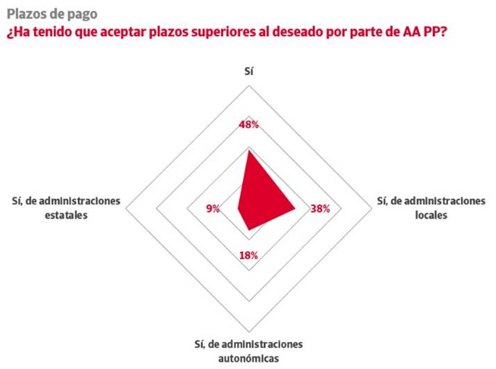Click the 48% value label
point(248,125)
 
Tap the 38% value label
point(320,208)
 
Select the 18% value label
point(248,256)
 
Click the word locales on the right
point(431,215)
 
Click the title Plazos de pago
point(52,13)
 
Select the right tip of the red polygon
point(296,207)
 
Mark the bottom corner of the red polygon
point(248,230)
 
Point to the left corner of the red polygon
point(237,207)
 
